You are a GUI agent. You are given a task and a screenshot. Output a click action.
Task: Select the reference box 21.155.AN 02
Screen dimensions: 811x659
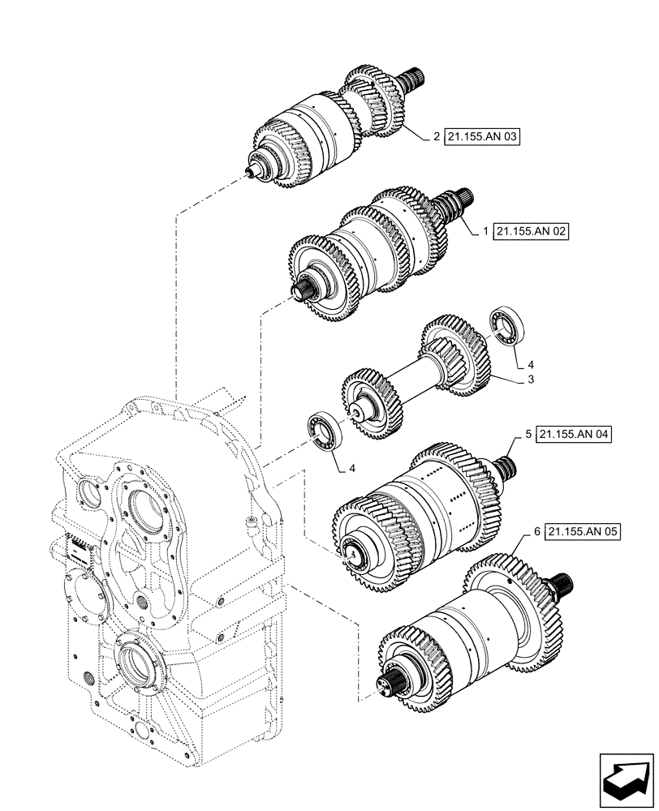(x=531, y=231)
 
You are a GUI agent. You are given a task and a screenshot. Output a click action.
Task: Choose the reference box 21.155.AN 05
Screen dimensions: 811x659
(x=584, y=532)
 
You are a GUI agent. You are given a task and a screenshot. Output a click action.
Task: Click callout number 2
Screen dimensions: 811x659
(x=436, y=137)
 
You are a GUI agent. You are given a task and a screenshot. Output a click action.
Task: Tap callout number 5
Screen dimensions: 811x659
(x=528, y=435)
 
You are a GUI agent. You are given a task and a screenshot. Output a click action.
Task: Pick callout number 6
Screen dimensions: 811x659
(x=537, y=532)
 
